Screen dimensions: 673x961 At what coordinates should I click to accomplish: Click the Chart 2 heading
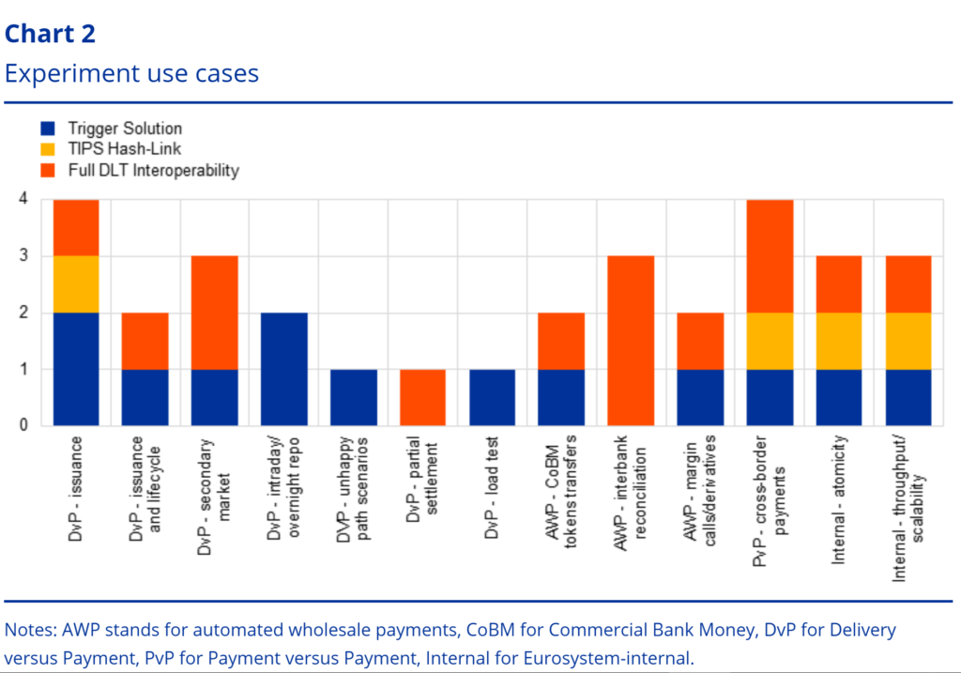point(50,34)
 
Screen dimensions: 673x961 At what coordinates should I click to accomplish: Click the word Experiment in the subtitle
point(61,73)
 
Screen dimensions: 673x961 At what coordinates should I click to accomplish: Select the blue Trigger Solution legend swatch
point(49,129)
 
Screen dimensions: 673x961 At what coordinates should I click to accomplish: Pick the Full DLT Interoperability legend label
point(153,170)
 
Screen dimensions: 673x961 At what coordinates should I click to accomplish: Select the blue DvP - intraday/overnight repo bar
point(284,369)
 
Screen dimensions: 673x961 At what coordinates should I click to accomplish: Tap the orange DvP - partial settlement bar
point(423,397)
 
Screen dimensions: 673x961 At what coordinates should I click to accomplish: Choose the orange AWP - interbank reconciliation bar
point(632,341)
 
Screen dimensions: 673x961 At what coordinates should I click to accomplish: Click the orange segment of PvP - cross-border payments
point(770,255)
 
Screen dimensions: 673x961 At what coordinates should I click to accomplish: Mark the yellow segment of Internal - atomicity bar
point(840,341)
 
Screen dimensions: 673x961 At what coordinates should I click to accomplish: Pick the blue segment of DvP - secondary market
point(215,397)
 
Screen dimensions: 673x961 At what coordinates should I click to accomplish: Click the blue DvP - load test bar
point(493,397)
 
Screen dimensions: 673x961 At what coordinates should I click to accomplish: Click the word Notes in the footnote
point(27,630)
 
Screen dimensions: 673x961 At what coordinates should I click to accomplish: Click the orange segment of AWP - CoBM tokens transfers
point(562,341)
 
